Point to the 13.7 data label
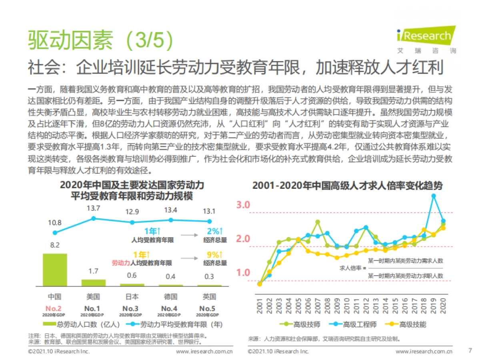[x=93, y=208]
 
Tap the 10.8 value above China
[x=55, y=223]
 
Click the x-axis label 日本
[x=132, y=296]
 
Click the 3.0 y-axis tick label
[x=243, y=205]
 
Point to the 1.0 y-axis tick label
[x=243, y=273]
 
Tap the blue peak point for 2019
[x=434, y=196]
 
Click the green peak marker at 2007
[x=318, y=222]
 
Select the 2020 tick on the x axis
[x=443, y=306]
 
